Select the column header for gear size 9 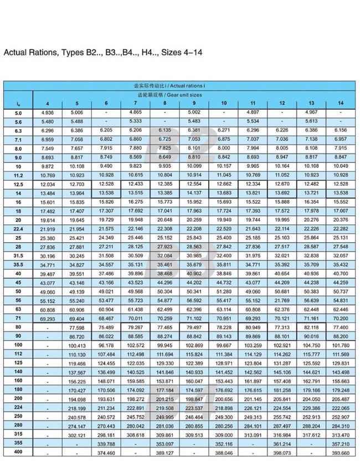pyautogui.click(x=194, y=103)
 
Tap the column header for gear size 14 pyautogui.click(x=341, y=103)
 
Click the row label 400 pyautogui.click(x=18, y=452)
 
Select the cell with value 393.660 pyautogui.click(x=341, y=452)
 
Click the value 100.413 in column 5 pyautogui.click(x=76, y=345)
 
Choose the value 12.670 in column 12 pyautogui.click(x=282, y=184)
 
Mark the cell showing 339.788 pyautogui.click(x=106, y=443)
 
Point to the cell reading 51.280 pyautogui.click(x=223, y=291)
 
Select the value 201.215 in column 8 pyautogui.click(x=164, y=398)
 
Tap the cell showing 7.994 pyautogui.click(x=253, y=149)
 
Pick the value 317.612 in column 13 pyautogui.click(x=311, y=434)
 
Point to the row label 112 pyautogui.click(x=18, y=354)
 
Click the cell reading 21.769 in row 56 pyautogui.click(x=282, y=300)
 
